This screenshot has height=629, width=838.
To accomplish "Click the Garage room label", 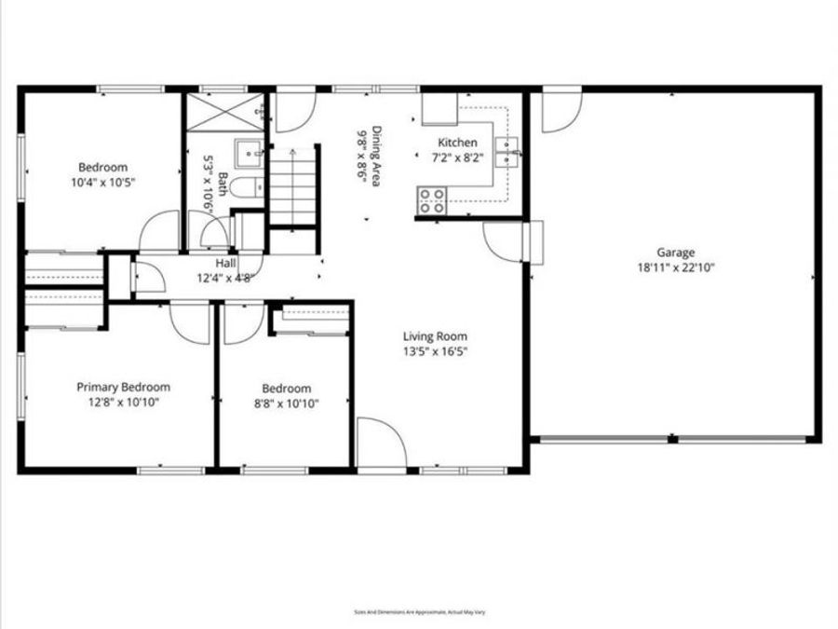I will pyautogui.click(x=676, y=252).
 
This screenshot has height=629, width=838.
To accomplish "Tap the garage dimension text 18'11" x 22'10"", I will pyautogui.click(x=676, y=267).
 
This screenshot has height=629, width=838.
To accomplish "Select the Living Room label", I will pyautogui.click(x=435, y=336).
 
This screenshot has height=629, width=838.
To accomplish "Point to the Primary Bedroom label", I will pyautogui.click(x=123, y=387).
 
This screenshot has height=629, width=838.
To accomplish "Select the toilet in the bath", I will pyautogui.click(x=245, y=188).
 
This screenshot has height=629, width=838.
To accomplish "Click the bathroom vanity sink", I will pyautogui.click(x=249, y=151).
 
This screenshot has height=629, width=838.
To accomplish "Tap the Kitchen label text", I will pyautogui.click(x=458, y=143).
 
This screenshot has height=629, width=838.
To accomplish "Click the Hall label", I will pyautogui.click(x=225, y=264).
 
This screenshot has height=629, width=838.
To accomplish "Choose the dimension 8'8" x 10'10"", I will pyautogui.click(x=286, y=403).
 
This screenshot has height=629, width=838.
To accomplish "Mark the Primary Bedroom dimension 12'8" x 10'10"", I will pyautogui.click(x=123, y=402).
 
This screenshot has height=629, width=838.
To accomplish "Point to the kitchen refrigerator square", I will pyautogui.click(x=439, y=109).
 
